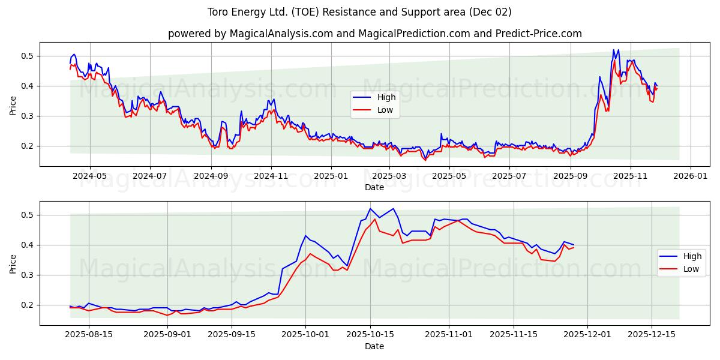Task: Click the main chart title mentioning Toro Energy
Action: (359, 12)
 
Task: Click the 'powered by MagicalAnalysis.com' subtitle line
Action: (374, 34)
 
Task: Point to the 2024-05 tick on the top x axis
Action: (90, 176)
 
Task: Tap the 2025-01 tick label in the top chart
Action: (331, 176)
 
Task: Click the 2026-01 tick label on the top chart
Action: (690, 176)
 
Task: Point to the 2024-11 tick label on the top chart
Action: (271, 176)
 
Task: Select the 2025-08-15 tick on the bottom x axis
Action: (89, 335)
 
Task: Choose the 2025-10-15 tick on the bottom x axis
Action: (370, 335)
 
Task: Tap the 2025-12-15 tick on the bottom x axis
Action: (651, 335)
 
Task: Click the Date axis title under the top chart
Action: (374, 187)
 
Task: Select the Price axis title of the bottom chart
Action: (13, 263)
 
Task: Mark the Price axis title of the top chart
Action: (13, 105)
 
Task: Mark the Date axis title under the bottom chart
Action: (374, 346)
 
